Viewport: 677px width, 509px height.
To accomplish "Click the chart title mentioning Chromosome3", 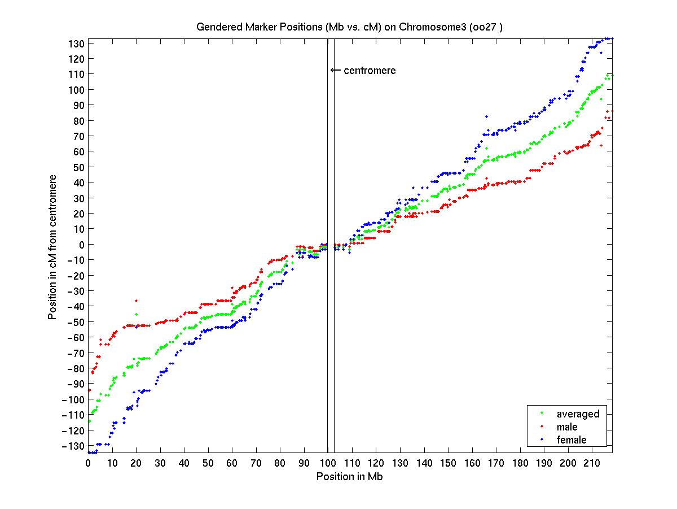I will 354,27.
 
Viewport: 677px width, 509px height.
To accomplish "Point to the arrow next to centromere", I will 335,71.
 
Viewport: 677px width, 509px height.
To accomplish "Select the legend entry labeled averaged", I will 578,414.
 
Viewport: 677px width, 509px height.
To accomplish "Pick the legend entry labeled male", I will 567,427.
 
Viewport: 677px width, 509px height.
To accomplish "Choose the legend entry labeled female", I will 572,440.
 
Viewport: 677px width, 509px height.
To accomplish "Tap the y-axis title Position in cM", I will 52,246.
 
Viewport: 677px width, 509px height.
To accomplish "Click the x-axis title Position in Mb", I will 350,476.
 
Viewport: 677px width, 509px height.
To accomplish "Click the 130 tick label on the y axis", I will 78,43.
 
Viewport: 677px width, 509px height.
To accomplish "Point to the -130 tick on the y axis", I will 76,445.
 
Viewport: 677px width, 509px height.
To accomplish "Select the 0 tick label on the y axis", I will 82,245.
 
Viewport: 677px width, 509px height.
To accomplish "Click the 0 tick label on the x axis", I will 88,463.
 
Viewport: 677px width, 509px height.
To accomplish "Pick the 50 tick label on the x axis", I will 208,463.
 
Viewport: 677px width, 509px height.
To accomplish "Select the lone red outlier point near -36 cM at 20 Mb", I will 136,301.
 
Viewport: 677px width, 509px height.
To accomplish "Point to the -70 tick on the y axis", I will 76,353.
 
